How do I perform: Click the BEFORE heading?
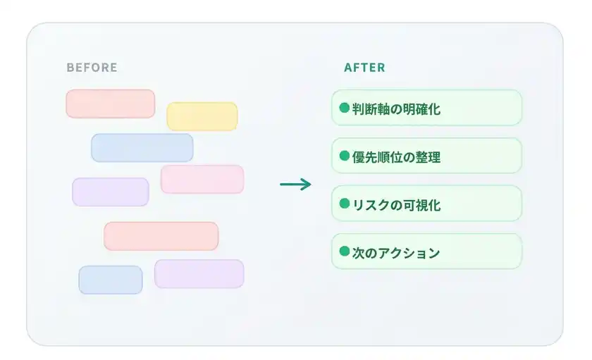click(x=92, y=68)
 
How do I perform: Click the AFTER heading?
click(x=364, y=68)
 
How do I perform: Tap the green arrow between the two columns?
click(x=295, y=185)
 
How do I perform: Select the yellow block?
click(x=202, y=116)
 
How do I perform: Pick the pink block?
click(x=202, y=179)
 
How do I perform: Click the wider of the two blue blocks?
click(x=142, y=148)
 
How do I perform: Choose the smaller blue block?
click(x=111, y=280)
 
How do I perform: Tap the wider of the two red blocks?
click(x=161, y=236)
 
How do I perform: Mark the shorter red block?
click(x=110, y=104)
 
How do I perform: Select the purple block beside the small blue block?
click(x=199, y=273)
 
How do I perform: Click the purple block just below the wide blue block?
click(x=111, y=192)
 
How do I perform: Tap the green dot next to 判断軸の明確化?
click(x=345, y=108)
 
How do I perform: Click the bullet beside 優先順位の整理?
click(x=345, y=156)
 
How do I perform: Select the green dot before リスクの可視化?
click(x=345, y=204)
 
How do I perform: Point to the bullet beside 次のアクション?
click(x=345, y=252)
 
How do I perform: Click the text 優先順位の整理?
click(x=396, y=157)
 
